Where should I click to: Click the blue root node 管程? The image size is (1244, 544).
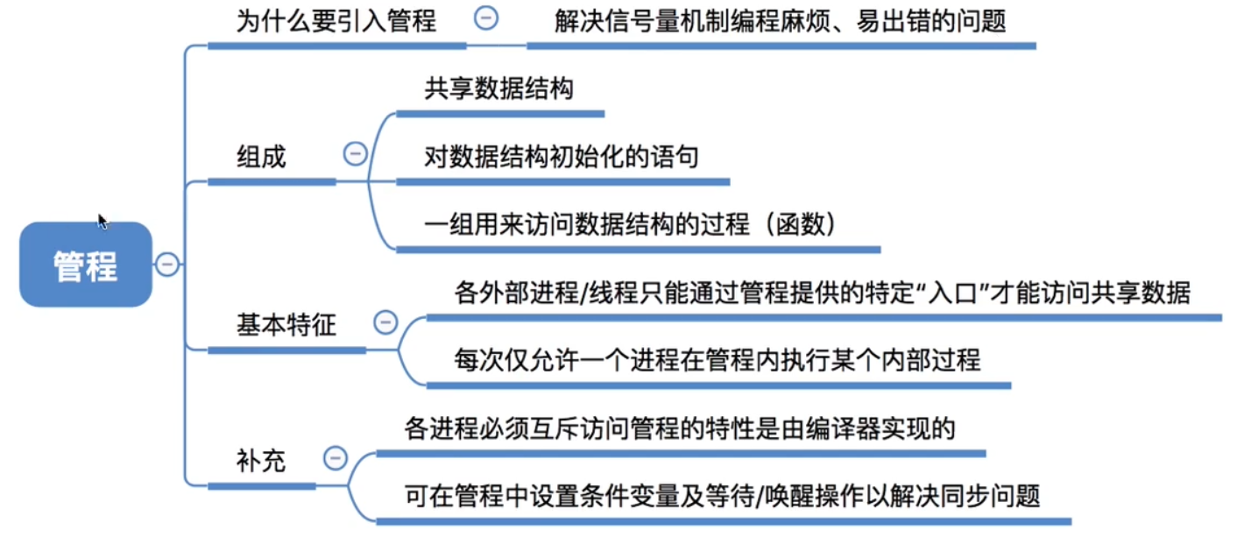(86, 265)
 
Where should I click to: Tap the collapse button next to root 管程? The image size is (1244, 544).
(167, 264)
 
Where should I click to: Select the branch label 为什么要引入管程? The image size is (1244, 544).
(336, 20)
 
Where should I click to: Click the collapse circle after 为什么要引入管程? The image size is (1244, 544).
(486, 18)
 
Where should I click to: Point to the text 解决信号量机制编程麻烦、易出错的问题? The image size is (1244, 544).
(780, 20)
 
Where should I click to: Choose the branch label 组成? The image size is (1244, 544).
(261, 158)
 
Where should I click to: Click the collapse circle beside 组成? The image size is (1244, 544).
(355, 154)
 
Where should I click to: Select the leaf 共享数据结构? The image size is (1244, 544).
(498, 88)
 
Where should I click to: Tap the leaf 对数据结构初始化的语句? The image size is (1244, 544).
(561, 158)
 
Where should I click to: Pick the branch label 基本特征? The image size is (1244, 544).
(286, 325)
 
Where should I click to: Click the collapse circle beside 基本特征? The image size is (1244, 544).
(385, 322)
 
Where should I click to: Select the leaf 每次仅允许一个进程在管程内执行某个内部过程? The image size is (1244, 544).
(717, 360)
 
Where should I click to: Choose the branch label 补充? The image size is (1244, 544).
(261, 461)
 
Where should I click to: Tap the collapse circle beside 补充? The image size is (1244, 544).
(335, 458)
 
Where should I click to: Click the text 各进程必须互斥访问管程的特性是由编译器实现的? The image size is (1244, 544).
(679, 428)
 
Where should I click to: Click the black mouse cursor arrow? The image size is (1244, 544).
(102, 221)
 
